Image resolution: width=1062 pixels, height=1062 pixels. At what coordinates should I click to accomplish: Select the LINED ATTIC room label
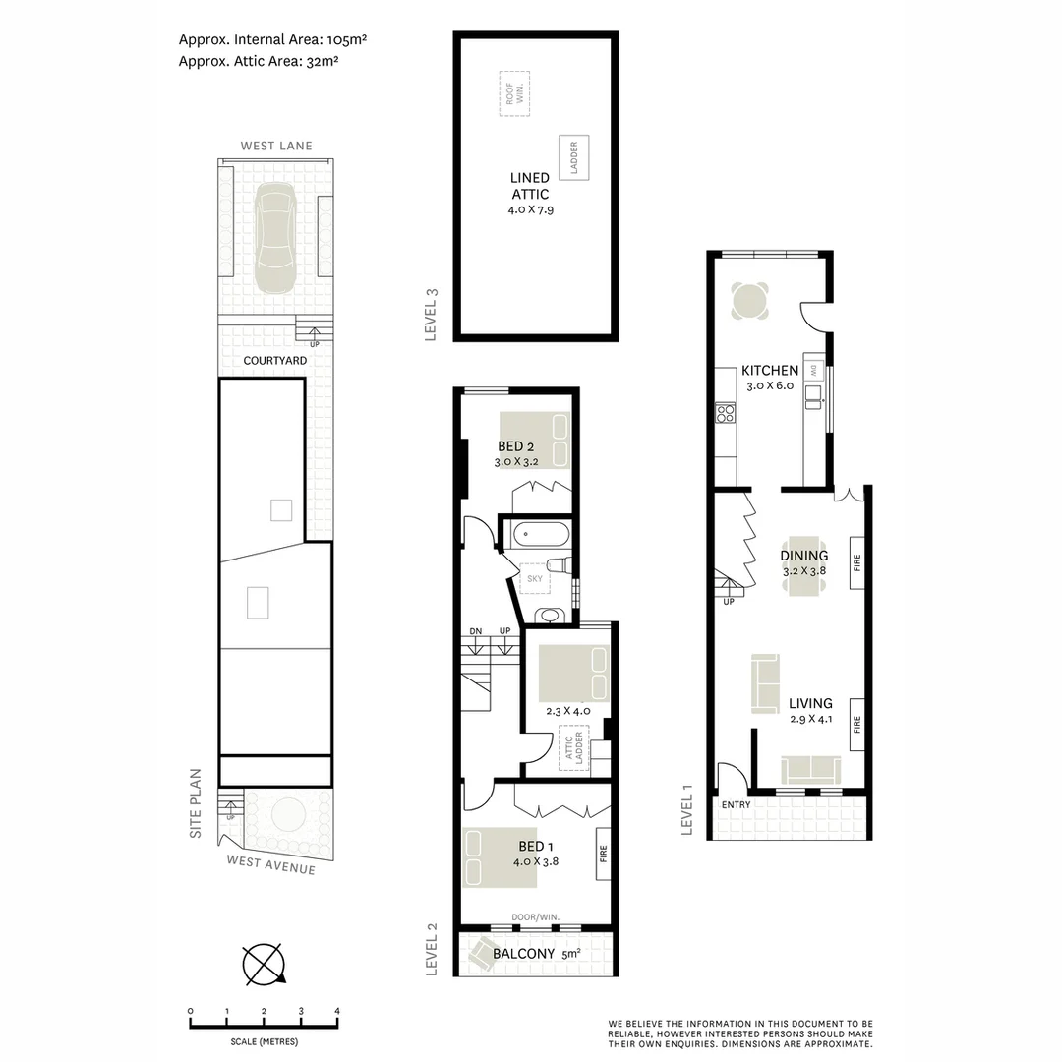[x=530, y=186]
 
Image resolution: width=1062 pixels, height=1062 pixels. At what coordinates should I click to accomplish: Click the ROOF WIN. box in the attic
[x=513, y=93]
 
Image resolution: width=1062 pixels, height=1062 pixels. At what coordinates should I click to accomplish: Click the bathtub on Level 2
[x=537, y=535]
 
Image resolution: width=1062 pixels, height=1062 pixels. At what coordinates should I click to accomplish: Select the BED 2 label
[x=515, y=446]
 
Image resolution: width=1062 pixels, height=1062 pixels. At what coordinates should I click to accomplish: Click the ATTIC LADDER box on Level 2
[x=573, y=750]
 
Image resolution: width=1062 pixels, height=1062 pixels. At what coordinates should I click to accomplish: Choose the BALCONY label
[x=527, y=954]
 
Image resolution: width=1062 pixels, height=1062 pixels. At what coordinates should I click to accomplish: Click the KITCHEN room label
[x=770, y=371]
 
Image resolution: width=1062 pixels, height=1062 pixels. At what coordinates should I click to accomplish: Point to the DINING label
[x=804, y=556]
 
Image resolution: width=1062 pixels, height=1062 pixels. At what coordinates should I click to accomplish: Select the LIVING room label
[x=810, y=703]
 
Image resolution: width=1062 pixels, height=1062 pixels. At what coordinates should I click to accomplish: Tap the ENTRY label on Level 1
[x=736, y=805]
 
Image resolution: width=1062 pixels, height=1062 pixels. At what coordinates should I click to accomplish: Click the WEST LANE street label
[x=276, y=146]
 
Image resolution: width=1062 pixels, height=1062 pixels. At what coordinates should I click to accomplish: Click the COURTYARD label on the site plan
[x=275, y=361]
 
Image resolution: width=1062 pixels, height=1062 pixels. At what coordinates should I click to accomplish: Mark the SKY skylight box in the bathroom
[x=535, y=579]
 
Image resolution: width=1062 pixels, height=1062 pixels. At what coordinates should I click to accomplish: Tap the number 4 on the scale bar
[x=337, y=1011]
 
